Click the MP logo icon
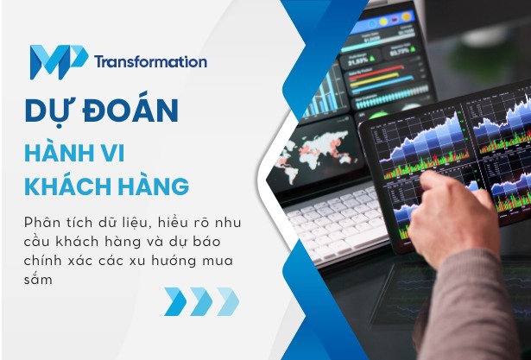(58, 60)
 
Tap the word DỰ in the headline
(53, 111)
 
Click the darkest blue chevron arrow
(175, 302)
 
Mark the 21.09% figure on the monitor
(357, 62)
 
